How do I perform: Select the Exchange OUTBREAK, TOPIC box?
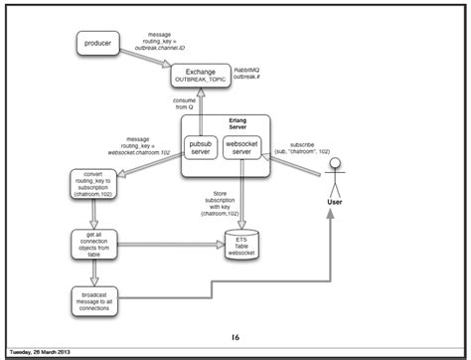200,75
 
